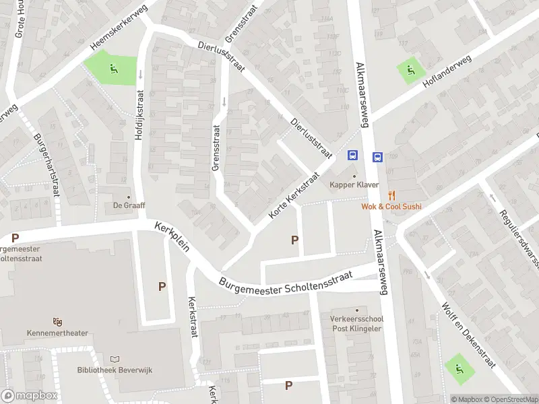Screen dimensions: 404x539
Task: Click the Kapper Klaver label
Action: pyautogui.click(x=354, y=184)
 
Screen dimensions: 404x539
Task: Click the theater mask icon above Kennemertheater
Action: pyautogui.click(x=58, y=322)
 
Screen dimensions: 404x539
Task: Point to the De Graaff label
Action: pyautogui.click(x=129, y=205)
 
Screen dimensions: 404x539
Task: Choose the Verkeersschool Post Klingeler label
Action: pyautogui.click(x=356, y=324)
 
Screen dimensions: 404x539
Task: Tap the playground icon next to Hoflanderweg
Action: pyautogui.click(x=409, y=69)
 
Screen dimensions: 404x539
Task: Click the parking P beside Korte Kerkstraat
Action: pyautogui.click(x=294, y=240)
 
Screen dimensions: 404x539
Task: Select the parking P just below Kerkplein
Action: pyautogui.click(x=162, y=287)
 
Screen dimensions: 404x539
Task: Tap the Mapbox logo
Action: pyautogui.click(x=29, y=396)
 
